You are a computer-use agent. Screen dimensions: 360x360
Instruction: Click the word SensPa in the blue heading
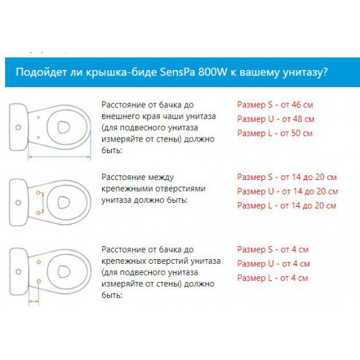[x=177, y=72]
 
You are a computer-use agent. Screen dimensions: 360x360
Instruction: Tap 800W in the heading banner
[x=212, y=72]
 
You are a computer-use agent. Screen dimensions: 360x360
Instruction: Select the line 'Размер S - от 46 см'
[x=275, y=105]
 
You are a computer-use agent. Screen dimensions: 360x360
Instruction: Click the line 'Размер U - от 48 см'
[x=276, y=119]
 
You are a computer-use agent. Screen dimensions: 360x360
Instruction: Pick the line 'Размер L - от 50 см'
[x=275, y=134]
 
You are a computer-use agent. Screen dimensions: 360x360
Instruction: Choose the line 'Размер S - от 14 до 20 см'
[x=287, y=177]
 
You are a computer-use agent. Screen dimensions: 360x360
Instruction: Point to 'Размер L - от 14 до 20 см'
[x=287, y=206]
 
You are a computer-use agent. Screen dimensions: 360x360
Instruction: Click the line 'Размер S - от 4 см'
[x=273, y=249]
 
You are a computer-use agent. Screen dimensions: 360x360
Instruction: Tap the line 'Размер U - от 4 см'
[x=274, y=264]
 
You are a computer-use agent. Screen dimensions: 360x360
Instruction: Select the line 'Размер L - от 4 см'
[x=272, y=278]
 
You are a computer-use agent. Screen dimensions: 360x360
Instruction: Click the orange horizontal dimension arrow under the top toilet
[x=59, y=157]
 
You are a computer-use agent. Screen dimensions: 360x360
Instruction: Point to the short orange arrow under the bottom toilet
[x=34, y=301]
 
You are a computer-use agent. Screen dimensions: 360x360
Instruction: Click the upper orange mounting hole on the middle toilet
[x=39, y=193]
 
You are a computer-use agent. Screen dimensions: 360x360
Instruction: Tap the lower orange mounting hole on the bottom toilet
[x=39, y=281]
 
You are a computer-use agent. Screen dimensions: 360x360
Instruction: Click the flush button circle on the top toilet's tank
[x=18, y=127]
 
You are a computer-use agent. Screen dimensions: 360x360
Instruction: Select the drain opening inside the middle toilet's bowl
[x=63, y=202]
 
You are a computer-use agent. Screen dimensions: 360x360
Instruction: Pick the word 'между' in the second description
[x=161, y=177]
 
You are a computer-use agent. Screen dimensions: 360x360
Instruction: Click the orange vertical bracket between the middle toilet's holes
[x=43, y=203]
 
